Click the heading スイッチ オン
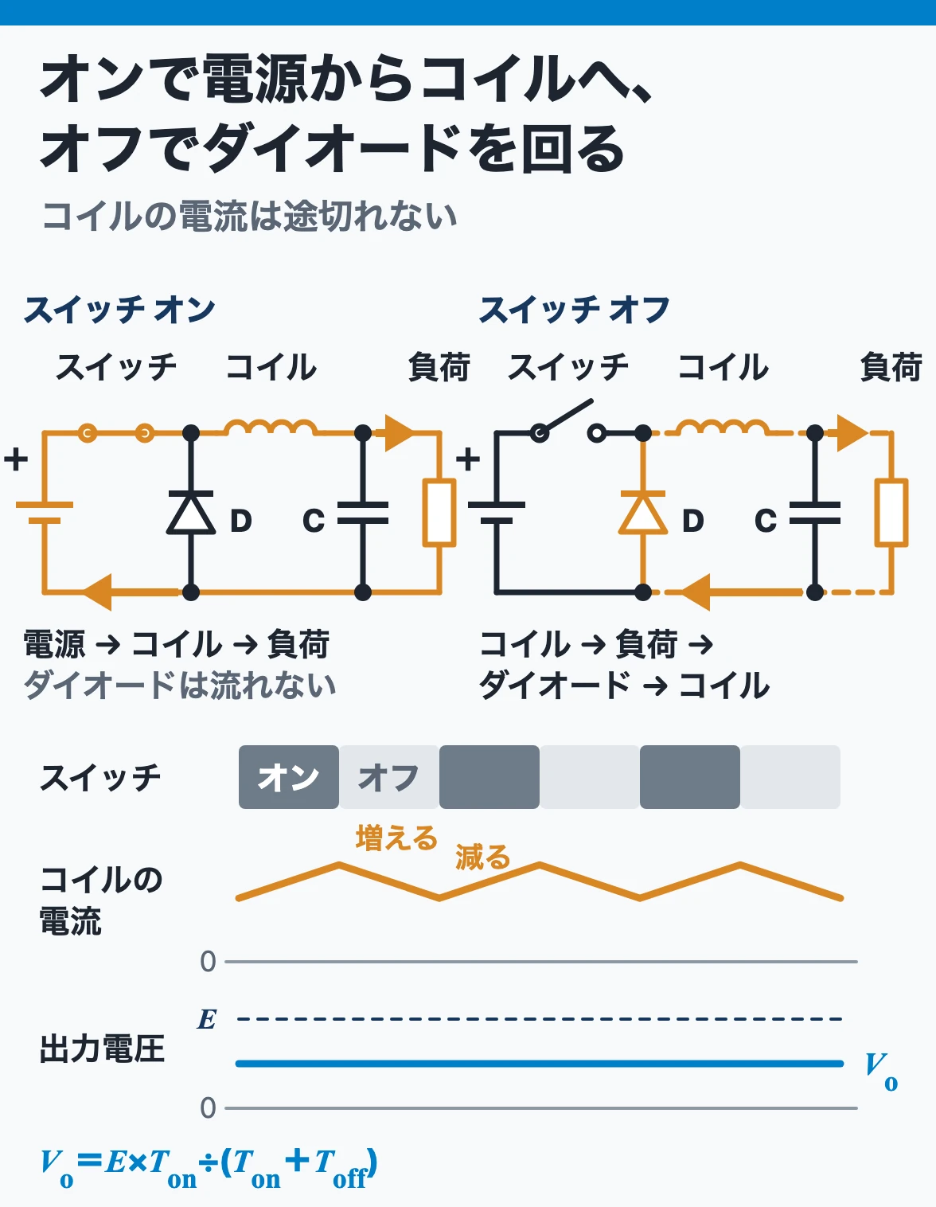click(119, 310)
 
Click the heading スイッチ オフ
click(574, 310)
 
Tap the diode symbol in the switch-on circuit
click(191, 512)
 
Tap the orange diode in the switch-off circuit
click(643, 512)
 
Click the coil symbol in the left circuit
click(271, 427)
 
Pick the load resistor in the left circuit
click(439, 513)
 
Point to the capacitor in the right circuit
click(814, 513)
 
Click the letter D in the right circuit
click(692, 521)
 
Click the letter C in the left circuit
click(314, 521)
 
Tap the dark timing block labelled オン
click(289, 776)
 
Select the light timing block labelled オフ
click(389, 776)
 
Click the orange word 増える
click(397, 838)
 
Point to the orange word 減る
click(482, 857)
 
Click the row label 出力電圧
click(102, 1049)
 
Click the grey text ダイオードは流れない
click(180, 685)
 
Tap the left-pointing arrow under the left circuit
click(131, 592)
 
